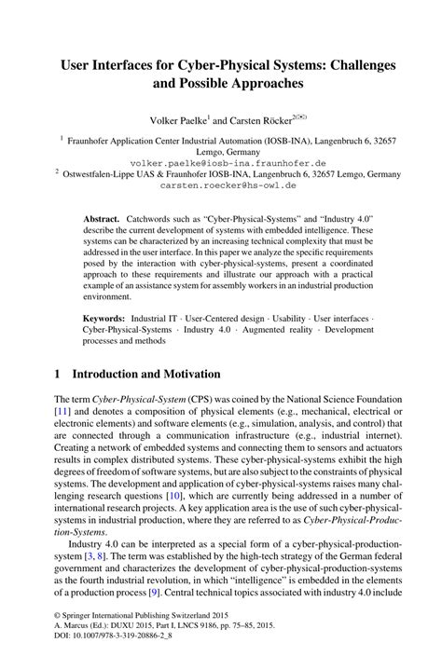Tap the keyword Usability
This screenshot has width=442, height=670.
tap(284, 318)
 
